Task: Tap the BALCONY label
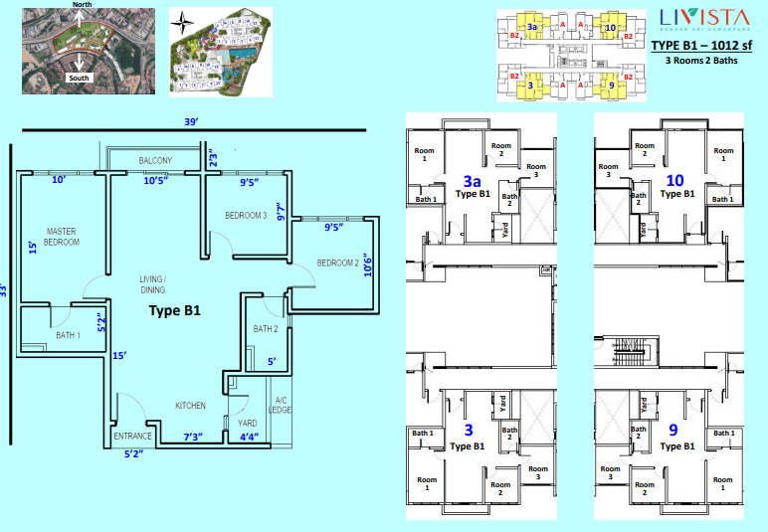(155, 160)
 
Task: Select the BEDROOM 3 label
(246, 215)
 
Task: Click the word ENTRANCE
(132, 437)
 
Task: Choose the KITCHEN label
(190, 406)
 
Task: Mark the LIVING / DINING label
(152, 283)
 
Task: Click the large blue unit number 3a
(474, 181)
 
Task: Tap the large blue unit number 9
(673, 431)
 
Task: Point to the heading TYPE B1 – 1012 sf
(702, 46)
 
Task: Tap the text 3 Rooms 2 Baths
(702, 61)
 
